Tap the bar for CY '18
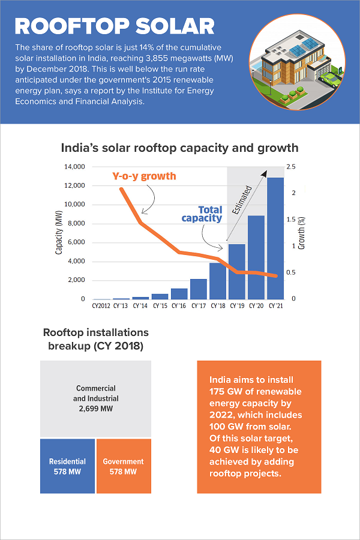(218, 281)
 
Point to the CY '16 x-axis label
(179, 306)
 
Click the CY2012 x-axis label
(101, 306)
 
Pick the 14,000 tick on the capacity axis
(74, 167)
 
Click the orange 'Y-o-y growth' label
(144, 176)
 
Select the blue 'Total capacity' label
(202, 214)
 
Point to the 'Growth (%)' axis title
(302, 233)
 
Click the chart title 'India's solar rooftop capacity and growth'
(179, 148)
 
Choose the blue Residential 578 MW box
(67, 466)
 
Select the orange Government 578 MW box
(123, 466)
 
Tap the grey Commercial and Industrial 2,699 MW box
(95, 398)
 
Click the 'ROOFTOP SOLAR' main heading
(114, 26)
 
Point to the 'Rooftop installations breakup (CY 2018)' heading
(95, 339)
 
